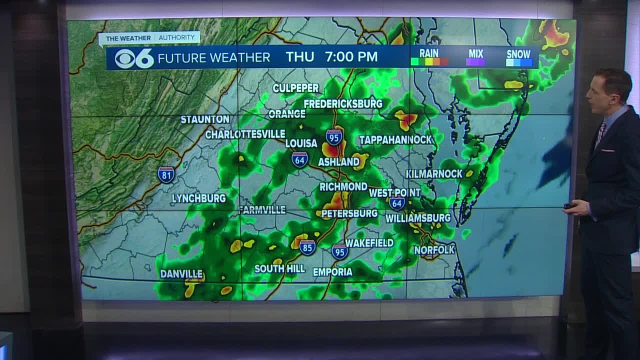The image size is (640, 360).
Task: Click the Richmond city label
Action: point(343,186)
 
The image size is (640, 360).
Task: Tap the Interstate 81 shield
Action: point(166,174)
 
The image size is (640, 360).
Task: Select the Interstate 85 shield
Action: point(307,247)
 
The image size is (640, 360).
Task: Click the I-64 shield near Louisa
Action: point(299,159)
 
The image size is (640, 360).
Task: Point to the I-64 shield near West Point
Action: point(396,203)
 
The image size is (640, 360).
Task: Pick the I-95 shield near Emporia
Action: point(340,251)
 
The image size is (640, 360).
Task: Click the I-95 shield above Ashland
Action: point(334,136)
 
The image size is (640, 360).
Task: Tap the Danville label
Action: point(181,274)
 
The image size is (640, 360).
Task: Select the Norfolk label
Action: point(434,249)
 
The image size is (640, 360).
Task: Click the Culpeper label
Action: point(295,88)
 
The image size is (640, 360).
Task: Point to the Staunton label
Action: point(205,119)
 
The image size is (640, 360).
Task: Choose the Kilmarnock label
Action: point(434,173)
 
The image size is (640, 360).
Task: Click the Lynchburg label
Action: point(198,198)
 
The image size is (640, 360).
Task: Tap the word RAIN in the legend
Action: point(428,53)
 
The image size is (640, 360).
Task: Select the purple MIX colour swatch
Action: point(475,62)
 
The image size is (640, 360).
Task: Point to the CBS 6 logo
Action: point(134,58)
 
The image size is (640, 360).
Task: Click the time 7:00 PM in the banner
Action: point(351,57)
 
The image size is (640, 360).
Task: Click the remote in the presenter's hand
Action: point(568,206)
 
